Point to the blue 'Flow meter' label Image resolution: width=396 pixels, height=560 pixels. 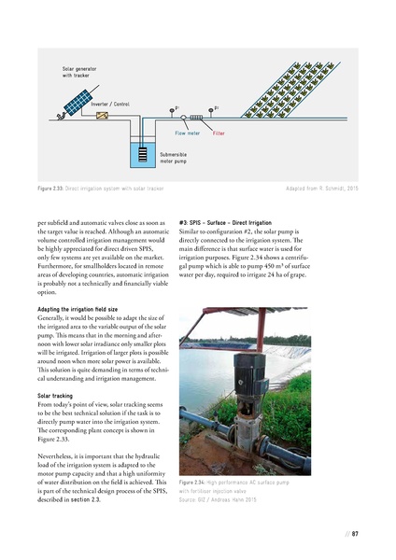point(189,134)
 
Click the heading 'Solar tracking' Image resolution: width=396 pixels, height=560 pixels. point(55,395)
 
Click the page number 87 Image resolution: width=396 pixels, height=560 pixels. point(356,534)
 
